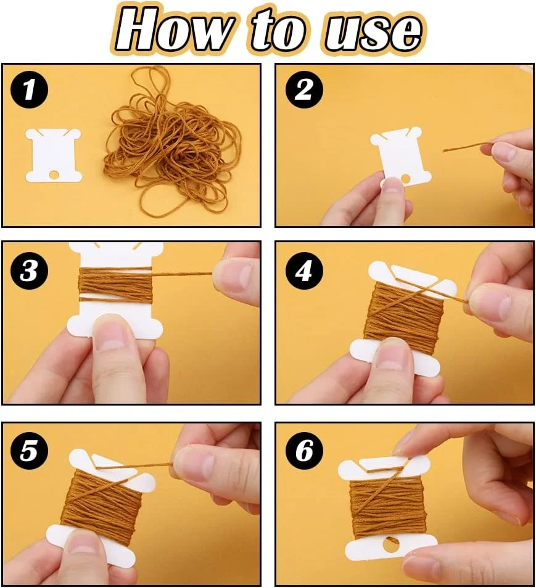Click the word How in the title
point(174,29)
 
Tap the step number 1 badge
point(29,89)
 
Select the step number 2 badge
point(304,89)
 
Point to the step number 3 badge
point(29,271)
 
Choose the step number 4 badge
point(304,271)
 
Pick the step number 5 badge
point(29,451)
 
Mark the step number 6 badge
point(304,451)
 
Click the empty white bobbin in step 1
point(53,155)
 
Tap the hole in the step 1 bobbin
point(54,174)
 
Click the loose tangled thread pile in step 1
point(172,142)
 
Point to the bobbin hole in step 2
point(405,179)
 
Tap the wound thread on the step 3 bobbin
point(115,285)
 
